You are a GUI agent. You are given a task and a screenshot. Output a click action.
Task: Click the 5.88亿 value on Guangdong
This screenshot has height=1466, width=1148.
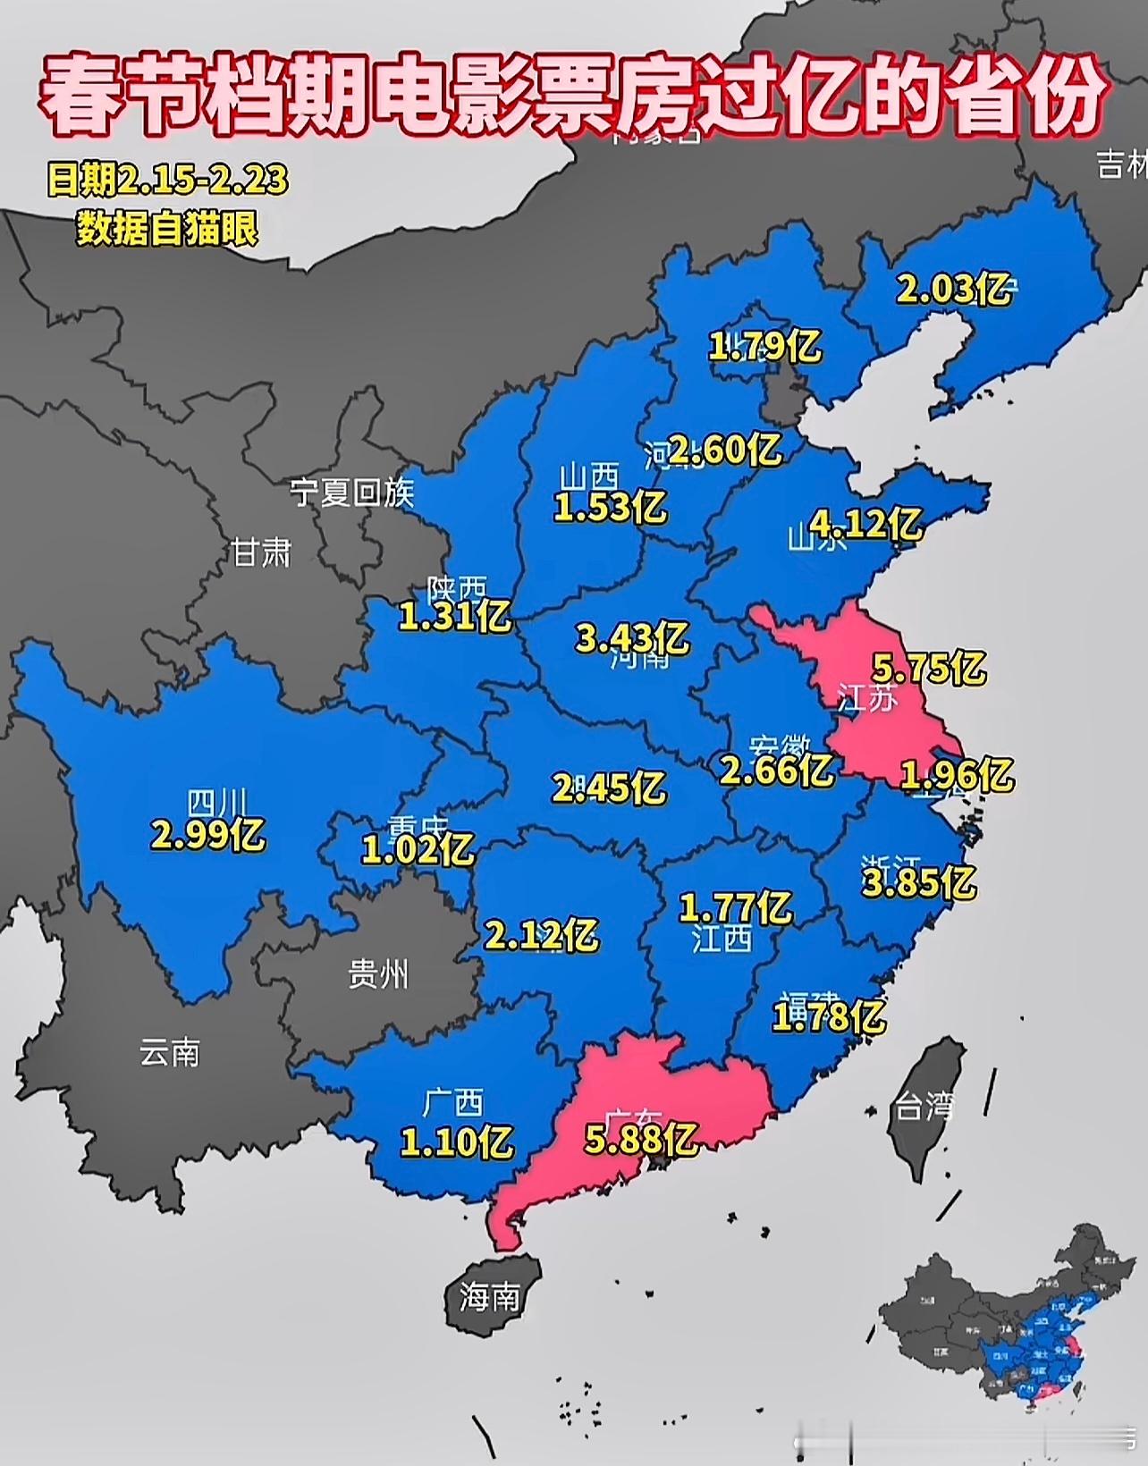coord(640,1140)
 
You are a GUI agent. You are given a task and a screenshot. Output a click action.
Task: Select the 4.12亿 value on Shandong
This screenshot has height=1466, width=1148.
coord(865,522)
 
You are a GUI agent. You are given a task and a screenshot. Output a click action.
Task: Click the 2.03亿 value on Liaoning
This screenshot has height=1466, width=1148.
coord(953,289)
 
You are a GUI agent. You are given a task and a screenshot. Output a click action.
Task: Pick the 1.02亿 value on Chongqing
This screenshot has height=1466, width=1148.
coord(418,848)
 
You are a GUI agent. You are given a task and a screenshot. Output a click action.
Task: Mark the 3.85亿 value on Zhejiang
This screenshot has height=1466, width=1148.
coord(918,882)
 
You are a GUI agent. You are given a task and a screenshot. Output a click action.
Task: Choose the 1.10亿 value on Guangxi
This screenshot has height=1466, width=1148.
coord(456,1142)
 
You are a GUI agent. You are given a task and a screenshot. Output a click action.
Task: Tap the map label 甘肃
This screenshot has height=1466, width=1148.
coord(261,552)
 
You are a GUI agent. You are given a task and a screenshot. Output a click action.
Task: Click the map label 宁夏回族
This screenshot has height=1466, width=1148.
coord(351,493)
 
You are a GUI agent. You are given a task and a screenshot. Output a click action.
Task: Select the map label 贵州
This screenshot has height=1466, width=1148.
coord(378,974)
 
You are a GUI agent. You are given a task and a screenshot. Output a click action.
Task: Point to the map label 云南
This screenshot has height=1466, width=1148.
coord(170,1053)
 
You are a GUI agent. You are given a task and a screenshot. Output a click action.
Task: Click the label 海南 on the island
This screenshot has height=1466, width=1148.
coord(489,1296)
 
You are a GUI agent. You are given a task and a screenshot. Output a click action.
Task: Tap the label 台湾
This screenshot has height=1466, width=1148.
coord(924,1107)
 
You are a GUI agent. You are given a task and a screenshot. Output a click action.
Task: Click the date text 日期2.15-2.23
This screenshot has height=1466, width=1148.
coord(167,181)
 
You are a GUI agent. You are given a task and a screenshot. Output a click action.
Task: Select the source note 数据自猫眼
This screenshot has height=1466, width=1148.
coord(167,229)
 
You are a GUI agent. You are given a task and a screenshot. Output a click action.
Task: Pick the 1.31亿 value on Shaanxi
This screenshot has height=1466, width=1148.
coord(454,614)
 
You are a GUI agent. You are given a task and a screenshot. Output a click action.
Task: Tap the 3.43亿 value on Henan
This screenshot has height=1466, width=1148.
coord(631,637)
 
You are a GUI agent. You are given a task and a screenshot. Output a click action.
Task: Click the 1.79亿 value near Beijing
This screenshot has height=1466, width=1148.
coord(764,345)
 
